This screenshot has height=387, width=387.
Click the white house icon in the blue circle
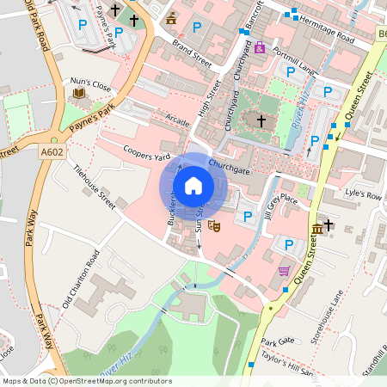(x=193, y=185)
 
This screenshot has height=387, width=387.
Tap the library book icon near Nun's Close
(x=81, y=93)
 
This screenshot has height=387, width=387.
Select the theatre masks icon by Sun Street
(x=214, y=225)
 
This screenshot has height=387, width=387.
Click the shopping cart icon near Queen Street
(x=285, y=271)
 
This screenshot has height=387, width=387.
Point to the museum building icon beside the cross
(x=318, y=228)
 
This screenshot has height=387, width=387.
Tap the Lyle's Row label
(x=361, y=197)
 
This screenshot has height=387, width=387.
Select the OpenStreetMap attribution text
(x=86, y=381)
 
